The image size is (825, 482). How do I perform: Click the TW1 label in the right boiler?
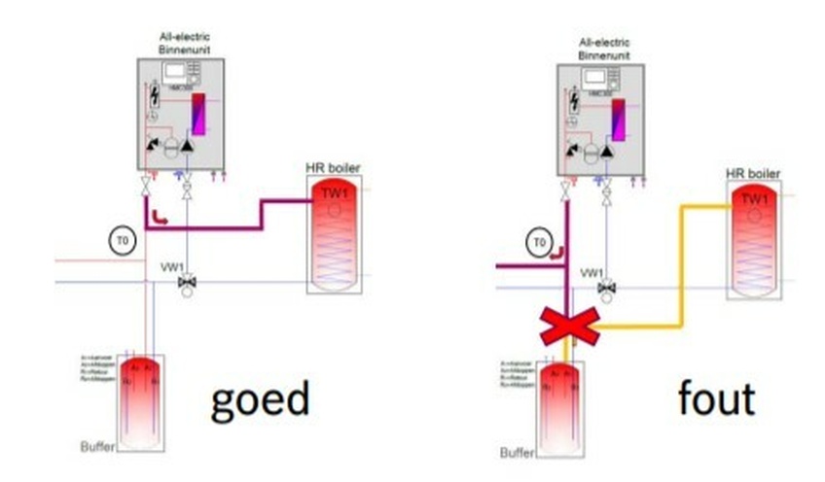[754, 198]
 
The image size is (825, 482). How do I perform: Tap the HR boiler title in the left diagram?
[333, 168]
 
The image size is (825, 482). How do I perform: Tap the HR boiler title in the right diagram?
[753, 174]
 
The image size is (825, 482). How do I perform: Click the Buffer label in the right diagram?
[517, 453]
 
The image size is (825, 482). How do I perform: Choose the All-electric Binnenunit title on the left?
[184, 43]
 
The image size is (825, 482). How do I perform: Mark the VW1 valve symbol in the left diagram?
[187, 283]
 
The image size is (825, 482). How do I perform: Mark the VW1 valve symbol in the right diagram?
[607, 289]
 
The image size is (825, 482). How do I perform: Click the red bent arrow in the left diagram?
[161, 219]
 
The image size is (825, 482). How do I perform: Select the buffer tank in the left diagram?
[138, 397]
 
